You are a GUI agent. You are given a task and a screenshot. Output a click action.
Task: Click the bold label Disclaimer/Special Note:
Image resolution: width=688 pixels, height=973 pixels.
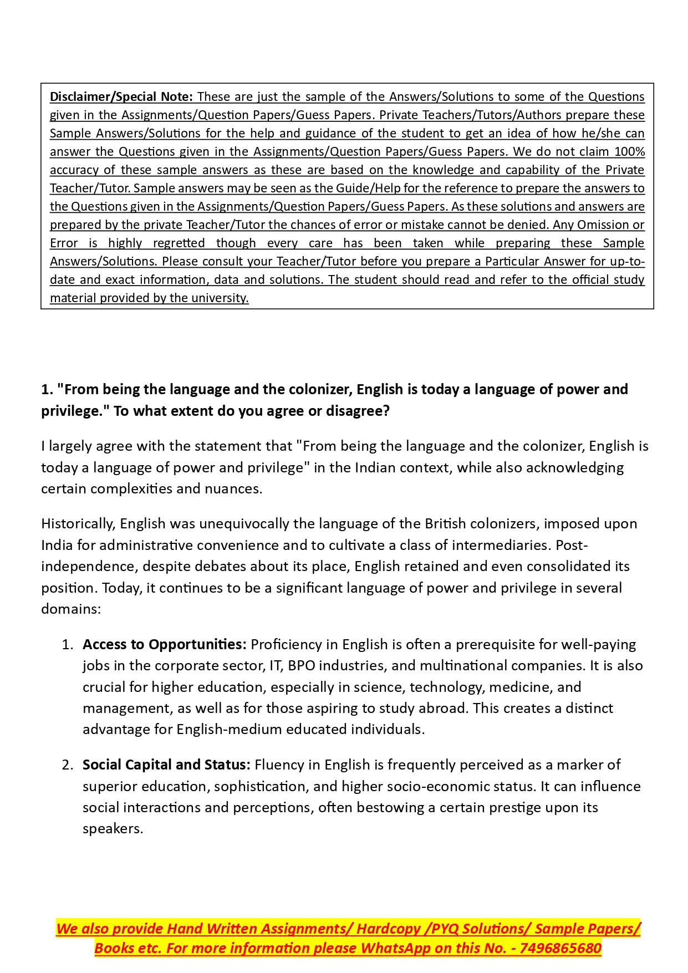[x=121, y=96]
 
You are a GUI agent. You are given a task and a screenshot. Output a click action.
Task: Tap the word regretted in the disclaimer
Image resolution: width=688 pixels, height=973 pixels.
[x=179, y=243]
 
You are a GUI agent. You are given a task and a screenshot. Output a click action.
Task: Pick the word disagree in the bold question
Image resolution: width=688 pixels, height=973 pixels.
[x=359, y=411]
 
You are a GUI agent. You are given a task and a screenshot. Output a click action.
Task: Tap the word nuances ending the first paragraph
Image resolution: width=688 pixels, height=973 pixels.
[x=236, y=488]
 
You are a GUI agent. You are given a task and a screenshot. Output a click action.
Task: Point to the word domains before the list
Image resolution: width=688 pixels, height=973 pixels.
[x=70, y=609]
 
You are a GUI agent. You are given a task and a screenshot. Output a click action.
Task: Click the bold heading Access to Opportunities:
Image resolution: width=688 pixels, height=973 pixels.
[x=164, y=644]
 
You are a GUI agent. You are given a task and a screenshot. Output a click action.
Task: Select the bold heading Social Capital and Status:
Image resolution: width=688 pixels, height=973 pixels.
[x=166, y=765]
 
